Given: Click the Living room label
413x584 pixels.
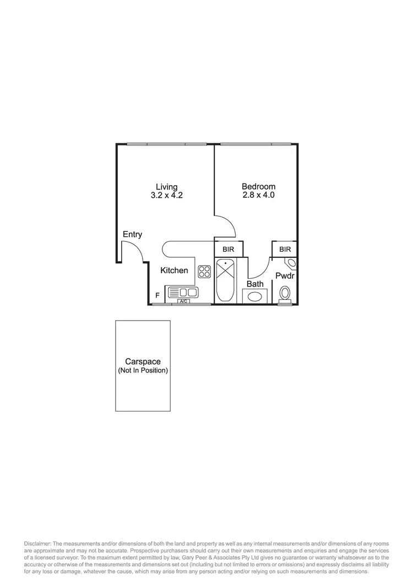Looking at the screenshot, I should (x=166, y=187).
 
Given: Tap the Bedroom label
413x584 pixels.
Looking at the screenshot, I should (x=258, y=187).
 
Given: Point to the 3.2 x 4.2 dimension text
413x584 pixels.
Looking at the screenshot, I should (x=166, y=196).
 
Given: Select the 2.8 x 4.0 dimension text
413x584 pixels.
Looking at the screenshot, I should (x=258, y=196).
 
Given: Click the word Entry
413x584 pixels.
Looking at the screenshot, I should (x=132, y=235).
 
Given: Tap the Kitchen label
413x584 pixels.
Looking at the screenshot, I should (x=174, y=271).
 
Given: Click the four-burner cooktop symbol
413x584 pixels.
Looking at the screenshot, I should (x=204, y=271).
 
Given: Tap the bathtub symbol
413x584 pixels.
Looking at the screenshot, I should (x=225, y=280).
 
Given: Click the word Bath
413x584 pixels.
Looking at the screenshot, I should (x=255, y=284).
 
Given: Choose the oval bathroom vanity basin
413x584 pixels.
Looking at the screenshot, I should (x=255, y=296).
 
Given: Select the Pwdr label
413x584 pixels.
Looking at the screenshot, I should (x=285, y=275).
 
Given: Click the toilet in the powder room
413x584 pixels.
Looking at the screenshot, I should (x=285, y=293).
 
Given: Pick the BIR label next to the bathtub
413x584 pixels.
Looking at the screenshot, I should (x=228, y=250).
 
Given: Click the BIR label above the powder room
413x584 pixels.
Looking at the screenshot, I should (x=285, y=250).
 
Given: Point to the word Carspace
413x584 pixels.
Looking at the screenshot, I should (x=143, y=362).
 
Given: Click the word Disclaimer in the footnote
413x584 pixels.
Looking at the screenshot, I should (x=37, y=544).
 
